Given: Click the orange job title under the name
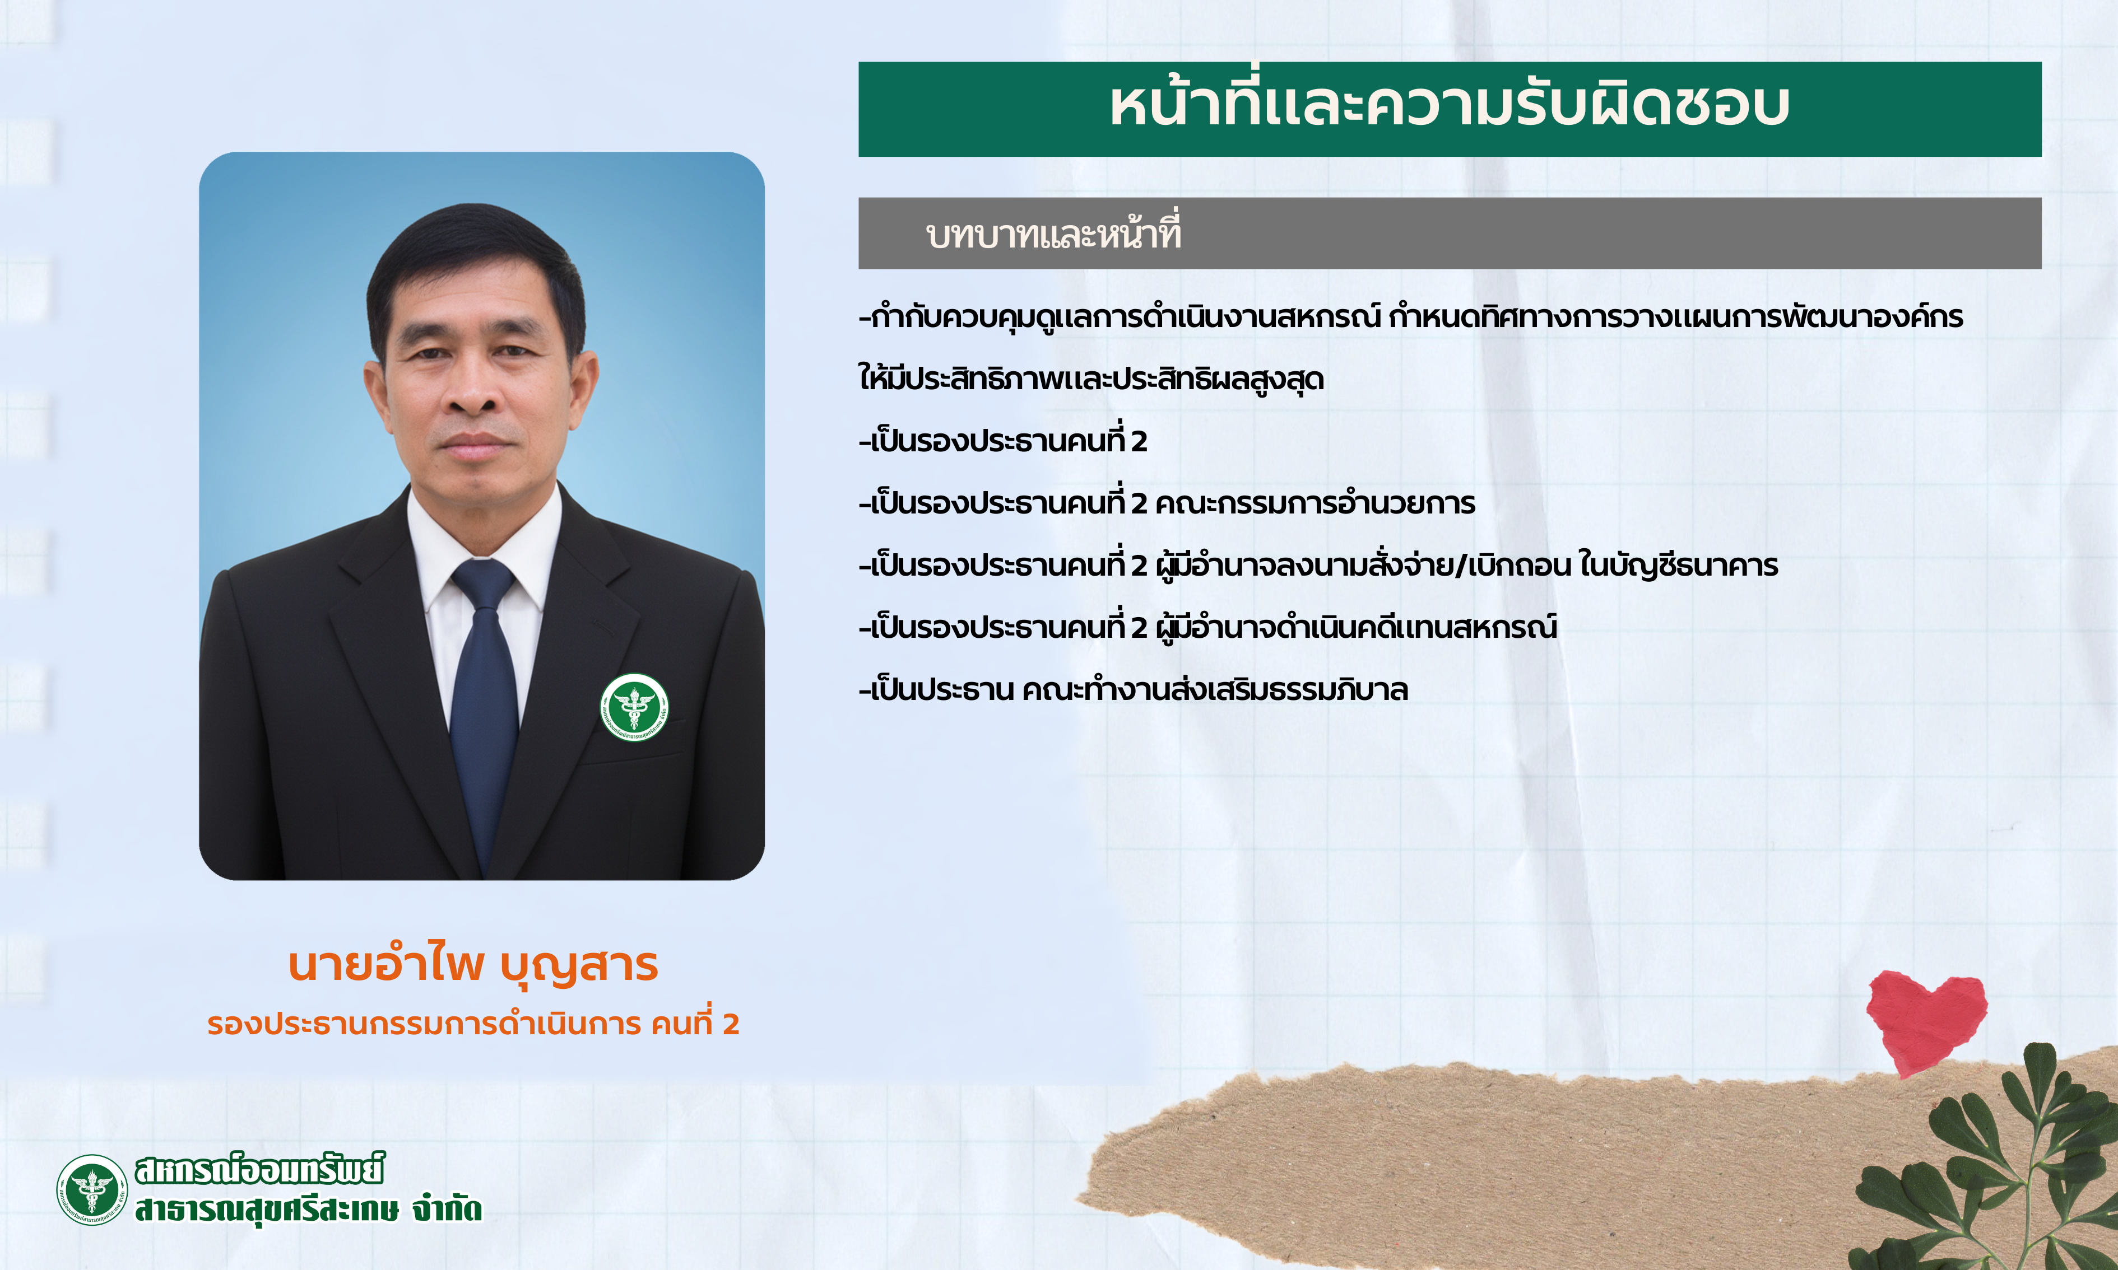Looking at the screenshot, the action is coord(473,1024).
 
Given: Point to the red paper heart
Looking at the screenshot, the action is coord(1926,1021).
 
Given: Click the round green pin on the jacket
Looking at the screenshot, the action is coord(634,707).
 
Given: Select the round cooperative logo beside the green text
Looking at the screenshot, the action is coord(91,1189).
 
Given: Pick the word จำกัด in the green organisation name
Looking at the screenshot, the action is coord(447,1209).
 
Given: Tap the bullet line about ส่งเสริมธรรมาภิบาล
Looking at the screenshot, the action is coord(1134,689).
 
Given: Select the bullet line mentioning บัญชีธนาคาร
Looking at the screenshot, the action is coord(1318,566).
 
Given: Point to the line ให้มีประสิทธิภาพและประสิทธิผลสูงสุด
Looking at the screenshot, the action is coord(1091,379).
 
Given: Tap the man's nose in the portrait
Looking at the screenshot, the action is coord(473,389).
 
